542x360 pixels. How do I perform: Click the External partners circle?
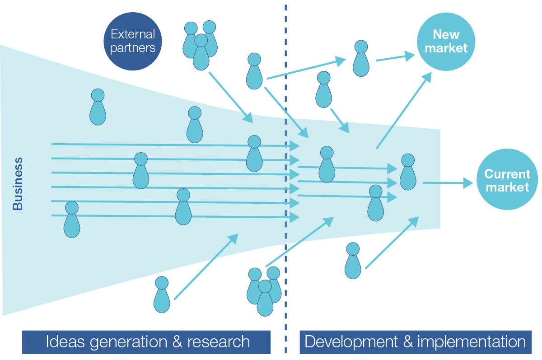pyautogui.click(x=132, y=41)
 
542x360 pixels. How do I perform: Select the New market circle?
pyautogui.click(x=446, y=41)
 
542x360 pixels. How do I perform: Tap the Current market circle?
pyautogui.click(x=507, y=181)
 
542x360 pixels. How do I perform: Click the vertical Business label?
pyautogui.click(x=18, y=184)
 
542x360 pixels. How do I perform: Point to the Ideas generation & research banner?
pyautogui.click(x=146, y=342)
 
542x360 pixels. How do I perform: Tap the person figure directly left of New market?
pyautogui.click(x=360, y=58)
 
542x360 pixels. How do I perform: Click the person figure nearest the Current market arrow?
pyautogui.click(x=408, y=172)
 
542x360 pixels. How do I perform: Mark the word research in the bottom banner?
pyautogui.click(x=219, y=342)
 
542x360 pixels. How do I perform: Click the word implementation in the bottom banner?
pyautogui.click(x=470, y=342)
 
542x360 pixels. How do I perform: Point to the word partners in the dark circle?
pyautogui.click(x=132, y=48)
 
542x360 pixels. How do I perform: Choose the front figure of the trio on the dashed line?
pyautogui.click(x=265, y=298)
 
